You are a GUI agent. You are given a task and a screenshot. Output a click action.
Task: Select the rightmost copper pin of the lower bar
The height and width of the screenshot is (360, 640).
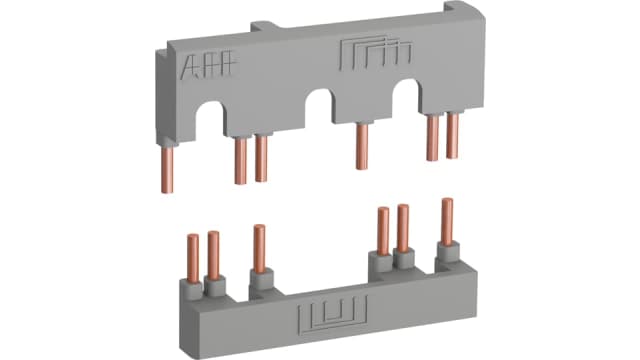pos(446,226)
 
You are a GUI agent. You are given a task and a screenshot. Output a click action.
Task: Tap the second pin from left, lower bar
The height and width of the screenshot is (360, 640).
pos(213,256)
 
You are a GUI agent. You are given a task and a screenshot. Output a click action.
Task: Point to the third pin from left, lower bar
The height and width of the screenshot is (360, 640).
pos(259,249)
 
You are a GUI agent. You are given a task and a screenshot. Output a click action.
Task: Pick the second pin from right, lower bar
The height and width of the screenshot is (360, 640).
pos(403,230)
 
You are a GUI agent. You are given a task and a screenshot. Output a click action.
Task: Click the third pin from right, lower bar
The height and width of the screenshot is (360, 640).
pos(382,233)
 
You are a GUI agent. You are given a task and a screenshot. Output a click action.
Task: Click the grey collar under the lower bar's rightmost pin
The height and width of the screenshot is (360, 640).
pos(444,259)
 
